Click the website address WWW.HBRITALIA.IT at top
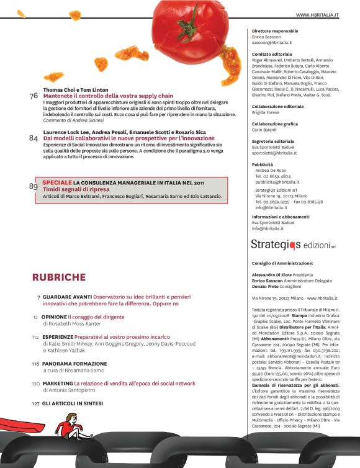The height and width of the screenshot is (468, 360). click(x=321, y=14)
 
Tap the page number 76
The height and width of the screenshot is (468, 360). click(x=34, y=96)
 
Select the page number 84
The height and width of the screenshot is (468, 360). click(x=34, y=138)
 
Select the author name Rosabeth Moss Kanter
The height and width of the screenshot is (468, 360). click(x=72, y=323)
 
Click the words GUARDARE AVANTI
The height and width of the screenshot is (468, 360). click(x=66, y=297)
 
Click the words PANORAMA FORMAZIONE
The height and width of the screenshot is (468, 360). click(x=74, y=364)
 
